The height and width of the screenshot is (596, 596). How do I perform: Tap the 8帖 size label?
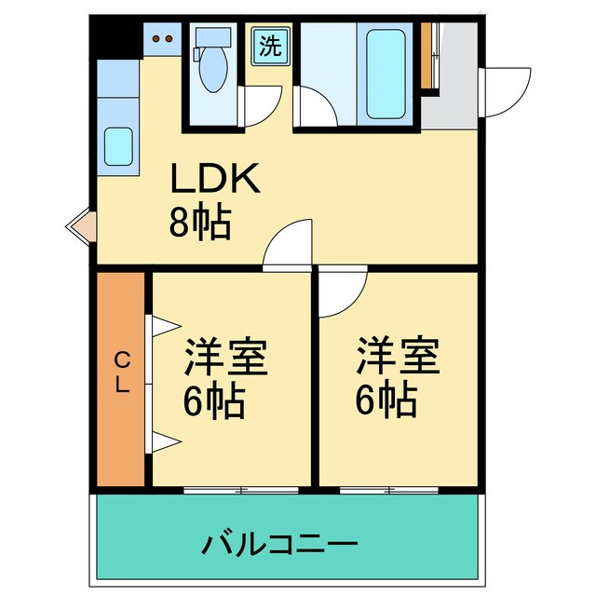[x=199, y=223]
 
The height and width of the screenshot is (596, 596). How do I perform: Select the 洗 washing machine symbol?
[x=269, y=47]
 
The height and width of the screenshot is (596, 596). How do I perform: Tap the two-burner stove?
[x=163, y=39]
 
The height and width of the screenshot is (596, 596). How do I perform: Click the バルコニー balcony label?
[x=278, y=541]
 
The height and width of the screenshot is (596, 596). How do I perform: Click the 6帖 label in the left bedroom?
[x=213, y=402]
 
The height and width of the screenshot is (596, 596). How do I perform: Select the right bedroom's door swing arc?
[x=339, y=290]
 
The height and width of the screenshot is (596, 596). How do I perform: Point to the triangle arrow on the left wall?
[x=78, y=225]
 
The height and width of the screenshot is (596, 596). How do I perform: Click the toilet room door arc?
[x=259, y=104]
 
